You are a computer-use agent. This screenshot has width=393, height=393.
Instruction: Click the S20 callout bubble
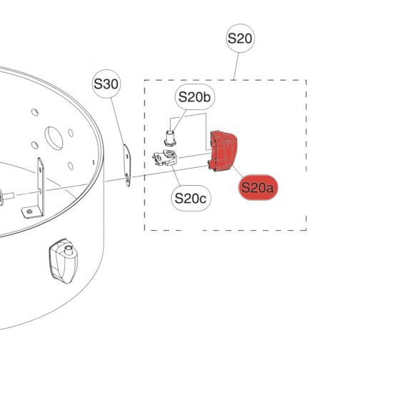click(x=240, y=39)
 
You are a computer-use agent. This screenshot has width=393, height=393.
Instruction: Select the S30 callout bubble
click(x=106, y=84)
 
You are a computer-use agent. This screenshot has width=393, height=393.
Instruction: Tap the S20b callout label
click(x=195, y=97)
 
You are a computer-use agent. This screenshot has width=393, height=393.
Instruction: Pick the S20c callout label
click(x=191, y=198)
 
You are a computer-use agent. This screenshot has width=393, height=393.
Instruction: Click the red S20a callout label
click(x=258, y=187)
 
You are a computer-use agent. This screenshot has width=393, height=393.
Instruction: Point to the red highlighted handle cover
click(x=222, y=151)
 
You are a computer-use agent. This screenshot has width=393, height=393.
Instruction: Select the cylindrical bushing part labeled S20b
click(x=170, y=138)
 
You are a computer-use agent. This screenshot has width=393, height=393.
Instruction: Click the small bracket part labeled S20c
click(x=164, y=158)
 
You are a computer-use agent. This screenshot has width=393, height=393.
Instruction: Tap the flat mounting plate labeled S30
click(x=127, y=166)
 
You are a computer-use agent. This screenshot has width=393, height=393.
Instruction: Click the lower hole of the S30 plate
click(x=128, y=177)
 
